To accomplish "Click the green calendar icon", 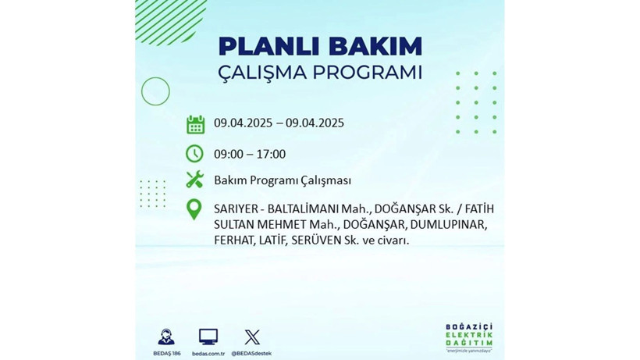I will click(x=195, y=123).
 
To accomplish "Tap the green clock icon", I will click(x=195, y=153).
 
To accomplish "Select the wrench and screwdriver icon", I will click(x=195, y=180).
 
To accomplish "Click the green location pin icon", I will click(x=194, y=209).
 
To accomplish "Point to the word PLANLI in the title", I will click(x=262, y=46).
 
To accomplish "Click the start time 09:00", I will click(x=229, y=154).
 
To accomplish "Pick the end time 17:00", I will click(x=271, y=154).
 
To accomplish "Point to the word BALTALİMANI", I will click(x=299, y=209).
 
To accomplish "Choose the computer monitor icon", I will click(x=208, y=337).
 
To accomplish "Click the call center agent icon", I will click(x=165, y=337).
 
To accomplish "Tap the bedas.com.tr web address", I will click(x=208, y=353).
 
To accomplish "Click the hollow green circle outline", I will click(x=155, y=91).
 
